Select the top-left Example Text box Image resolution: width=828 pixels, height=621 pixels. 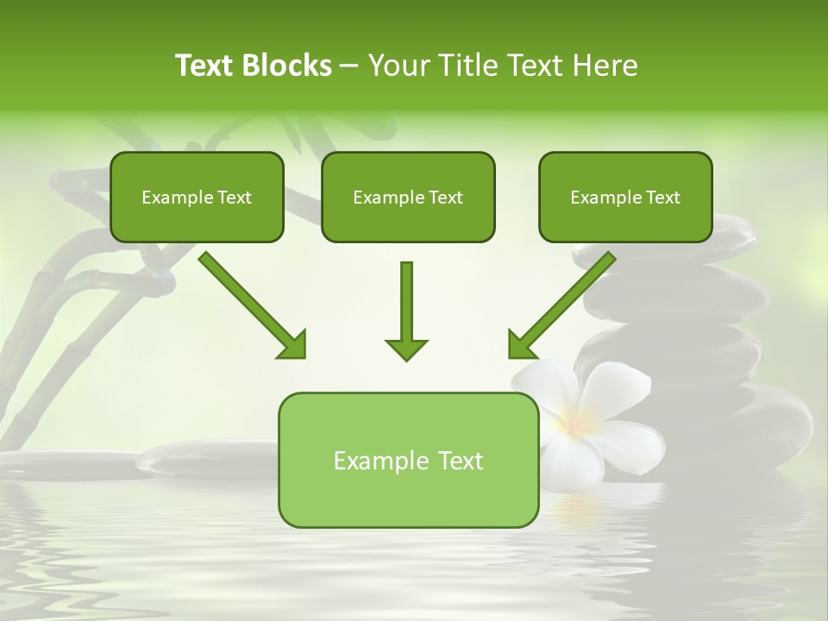tap(197, 197)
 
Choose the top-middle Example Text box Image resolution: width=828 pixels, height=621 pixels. tap(408, 197)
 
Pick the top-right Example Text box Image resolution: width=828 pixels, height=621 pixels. tap(625, 197)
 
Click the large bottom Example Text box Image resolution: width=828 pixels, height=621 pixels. tap(408, 461)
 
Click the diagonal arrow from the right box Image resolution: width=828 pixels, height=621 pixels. tap(565, 302)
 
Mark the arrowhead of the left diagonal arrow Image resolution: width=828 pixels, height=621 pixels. tap(293, 345)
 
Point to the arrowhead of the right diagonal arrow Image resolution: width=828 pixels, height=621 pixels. tap(521, 345)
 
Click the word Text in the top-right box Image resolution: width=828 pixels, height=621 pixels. tap(662, 197)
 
